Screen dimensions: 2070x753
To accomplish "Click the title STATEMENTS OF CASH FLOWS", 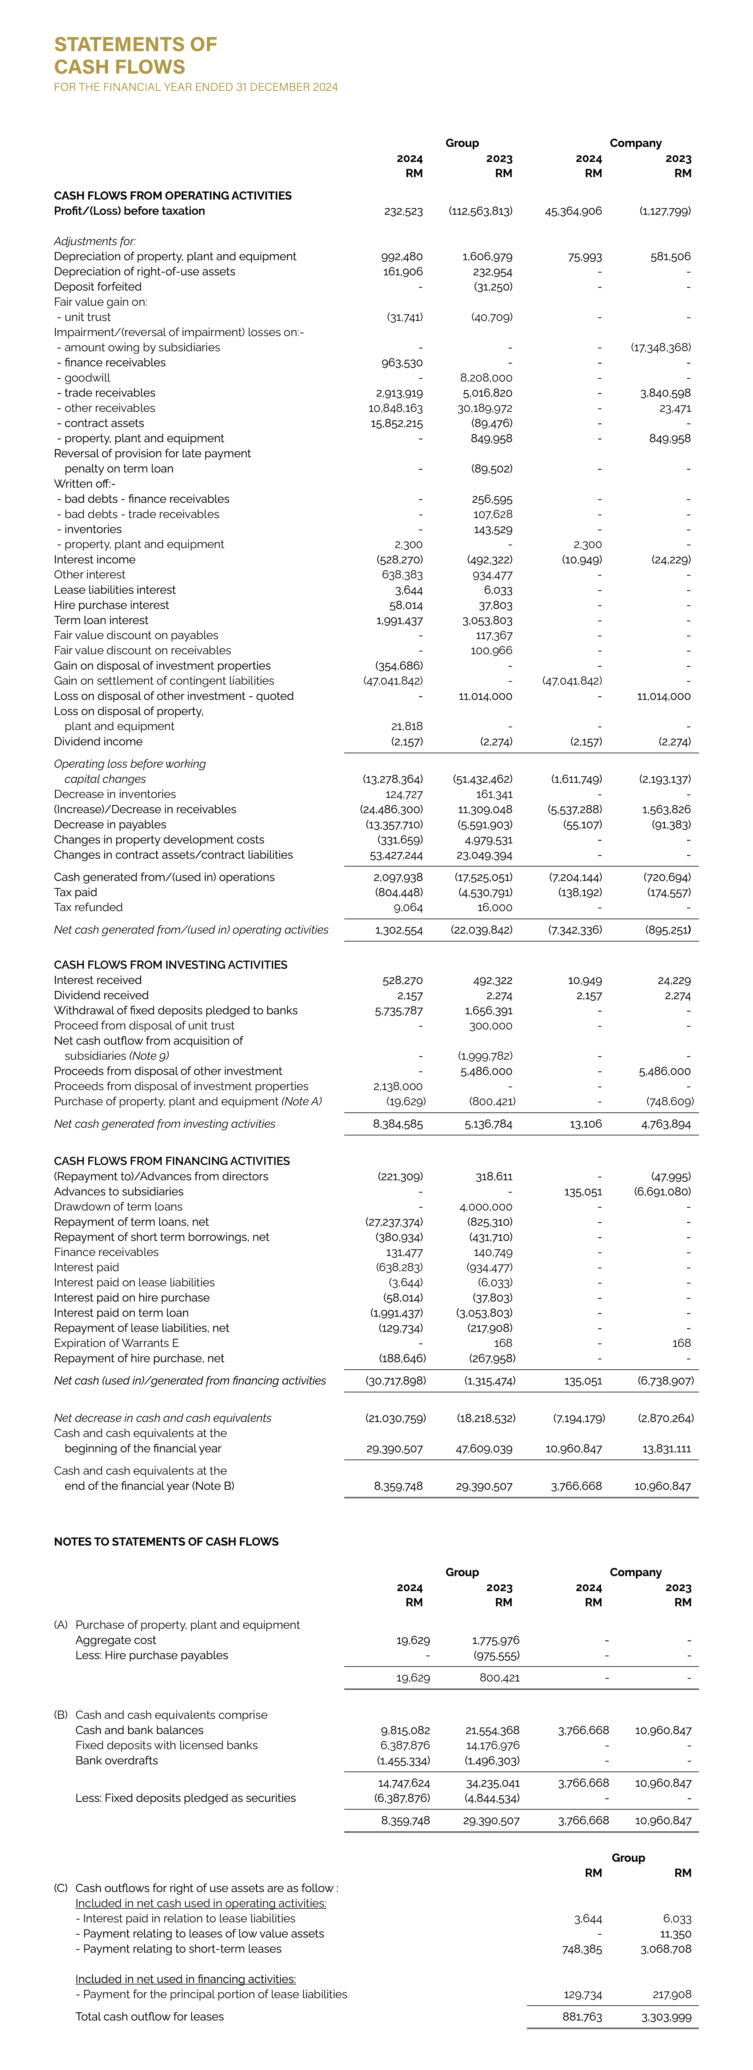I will (x=135, y=56).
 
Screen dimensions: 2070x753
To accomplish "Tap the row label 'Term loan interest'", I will (x=101, y=620).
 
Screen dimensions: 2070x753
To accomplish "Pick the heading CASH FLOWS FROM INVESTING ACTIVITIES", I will (x=171, y=965).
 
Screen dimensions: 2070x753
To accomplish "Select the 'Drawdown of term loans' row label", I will (x=118, y=1207).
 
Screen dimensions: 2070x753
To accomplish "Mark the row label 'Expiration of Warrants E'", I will (x=116, y=1344).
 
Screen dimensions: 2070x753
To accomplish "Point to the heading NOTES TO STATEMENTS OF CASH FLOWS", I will (x=166, y=1542).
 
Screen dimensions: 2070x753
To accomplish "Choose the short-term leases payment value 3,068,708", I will (x=666, y=1950).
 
